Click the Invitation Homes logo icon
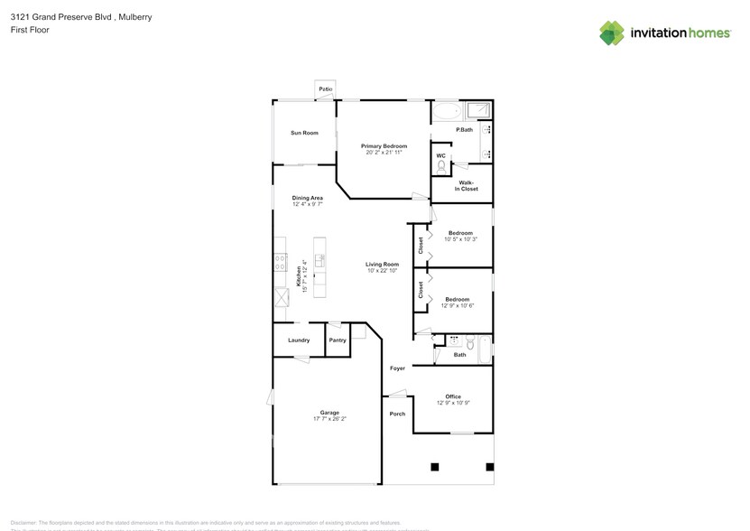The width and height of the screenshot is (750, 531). pyautogui.click(x=612, y=33)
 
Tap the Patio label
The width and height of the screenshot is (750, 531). pyautogui.click(x=325, y=89)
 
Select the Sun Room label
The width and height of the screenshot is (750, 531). pyautogui.click(x=304, y=133)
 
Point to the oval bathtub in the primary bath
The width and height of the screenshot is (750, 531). pyautogui.click(x=446, y=113)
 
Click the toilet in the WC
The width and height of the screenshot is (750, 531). pyautogui.click(x=441, y=166)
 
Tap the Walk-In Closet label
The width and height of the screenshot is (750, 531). pyautogui.click(x=466, y=186)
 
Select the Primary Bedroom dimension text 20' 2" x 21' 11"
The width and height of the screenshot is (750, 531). pyautogui.click(x=384, y=153)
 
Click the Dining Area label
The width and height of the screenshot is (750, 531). pyautogui.click(x=307, y=198)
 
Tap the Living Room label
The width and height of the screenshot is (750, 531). pyautogui.click(x=382, y=265)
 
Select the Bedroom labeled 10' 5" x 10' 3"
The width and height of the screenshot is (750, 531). pyautogui.click(x=460, y=234)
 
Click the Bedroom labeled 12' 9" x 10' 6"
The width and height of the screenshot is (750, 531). pyautogui.click(x=457, y=300)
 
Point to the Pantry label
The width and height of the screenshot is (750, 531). pyautogui.click(x=338, y=340)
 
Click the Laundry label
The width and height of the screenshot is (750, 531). pyautogui.click(x=299, y=340)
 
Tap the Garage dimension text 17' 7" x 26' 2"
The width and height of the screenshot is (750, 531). pyautogui.click(x=329, y=419)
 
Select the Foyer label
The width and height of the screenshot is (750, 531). pyautogui.click(x=397, y=368)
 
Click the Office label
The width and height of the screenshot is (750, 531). pyautogui.click(x=453, y=396)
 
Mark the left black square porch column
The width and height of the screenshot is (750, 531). pyautogui.click(x=434, y=467)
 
